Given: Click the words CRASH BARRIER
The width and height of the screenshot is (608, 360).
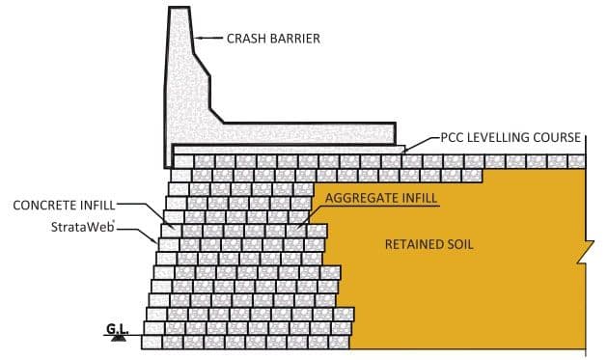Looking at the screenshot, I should [273, 40].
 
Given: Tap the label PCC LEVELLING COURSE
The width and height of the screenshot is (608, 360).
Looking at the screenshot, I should [511, 137].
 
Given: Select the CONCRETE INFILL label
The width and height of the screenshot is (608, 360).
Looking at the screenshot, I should [64, 206].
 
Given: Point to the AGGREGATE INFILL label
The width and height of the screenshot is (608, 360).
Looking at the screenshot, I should [381, 198].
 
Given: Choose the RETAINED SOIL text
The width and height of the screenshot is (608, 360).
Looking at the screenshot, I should [429, 244].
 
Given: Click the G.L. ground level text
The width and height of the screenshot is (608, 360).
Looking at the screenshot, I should [118, 330].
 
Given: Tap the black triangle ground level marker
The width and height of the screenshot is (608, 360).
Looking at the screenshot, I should [118, 340].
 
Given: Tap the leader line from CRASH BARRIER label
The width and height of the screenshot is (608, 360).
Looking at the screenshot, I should [209, 40].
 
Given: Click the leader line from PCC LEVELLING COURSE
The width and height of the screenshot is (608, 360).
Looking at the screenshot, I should [423, 142].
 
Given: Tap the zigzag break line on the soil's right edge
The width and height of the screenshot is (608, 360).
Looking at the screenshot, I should [583, 256].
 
